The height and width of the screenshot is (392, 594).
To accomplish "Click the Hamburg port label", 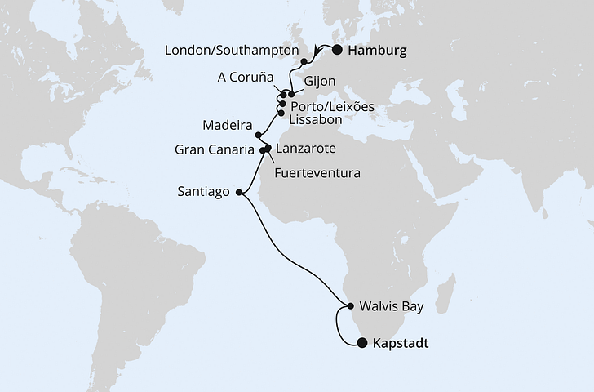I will pyautogui.click(x=376, y=51).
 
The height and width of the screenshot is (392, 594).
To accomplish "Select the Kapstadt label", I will pyautogui.click(x=400, y=345).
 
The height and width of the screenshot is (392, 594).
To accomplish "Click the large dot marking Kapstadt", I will pyautogui.click(x=361, y=345).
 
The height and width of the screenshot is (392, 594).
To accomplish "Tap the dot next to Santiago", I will pyautogui.click(x=238, y=193).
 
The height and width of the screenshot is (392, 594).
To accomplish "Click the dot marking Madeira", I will pyautogui.click(x=258, y=136).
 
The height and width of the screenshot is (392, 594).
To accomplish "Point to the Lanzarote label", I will pyautogui.click(x=306, y=150).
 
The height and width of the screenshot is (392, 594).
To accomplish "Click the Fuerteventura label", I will pyautogui.click(x=317, y=173).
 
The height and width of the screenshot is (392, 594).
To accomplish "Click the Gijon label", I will pyautogui.click(x=318, y=82).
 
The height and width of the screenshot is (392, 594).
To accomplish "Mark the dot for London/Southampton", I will pyautogui.click(x=304, y=61).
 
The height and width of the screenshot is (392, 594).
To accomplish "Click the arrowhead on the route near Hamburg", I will pyautogui.click(x=316, y=55).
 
